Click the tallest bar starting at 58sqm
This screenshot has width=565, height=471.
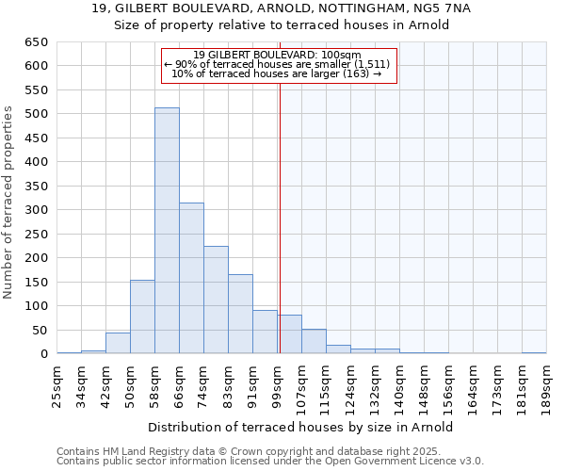(x=167, y=231)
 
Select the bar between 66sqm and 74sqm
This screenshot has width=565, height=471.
(x=191, y=278)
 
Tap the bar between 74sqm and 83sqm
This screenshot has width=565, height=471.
(x=216, y=300)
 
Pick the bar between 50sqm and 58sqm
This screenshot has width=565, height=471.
(x=142, y=317)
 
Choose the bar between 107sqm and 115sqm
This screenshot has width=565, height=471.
(x=314, y=341)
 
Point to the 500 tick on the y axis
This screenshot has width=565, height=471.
(x=35, y=114)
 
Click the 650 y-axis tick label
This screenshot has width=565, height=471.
(x=35, y=42)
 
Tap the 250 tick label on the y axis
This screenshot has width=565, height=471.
(x=35, y=258)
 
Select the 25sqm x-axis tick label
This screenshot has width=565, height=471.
(x=57, y=383)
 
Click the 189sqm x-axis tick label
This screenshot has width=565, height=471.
(x=547, y=385)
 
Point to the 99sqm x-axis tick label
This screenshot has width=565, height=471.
(x=278, y=383)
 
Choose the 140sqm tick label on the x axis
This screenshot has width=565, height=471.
(x=400, y=385)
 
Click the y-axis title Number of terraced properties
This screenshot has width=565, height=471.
(x=8, y=203)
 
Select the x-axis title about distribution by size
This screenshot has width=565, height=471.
(x=301, y=427)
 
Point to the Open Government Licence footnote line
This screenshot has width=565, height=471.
(x=269, y=462)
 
